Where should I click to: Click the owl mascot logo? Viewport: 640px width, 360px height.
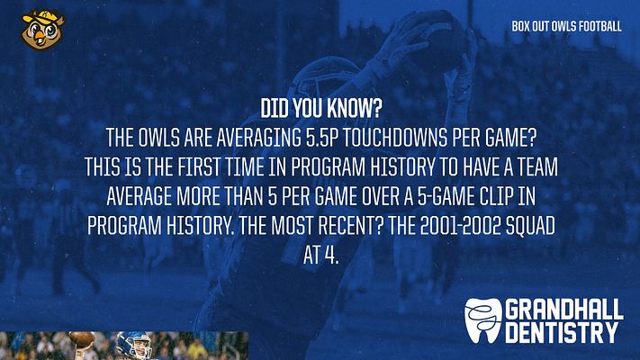point(43,30)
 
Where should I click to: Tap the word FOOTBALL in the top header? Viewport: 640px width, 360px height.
point(600,26)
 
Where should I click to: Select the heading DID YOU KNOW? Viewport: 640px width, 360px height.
point(320,108)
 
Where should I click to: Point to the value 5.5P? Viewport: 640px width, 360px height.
point(323,138)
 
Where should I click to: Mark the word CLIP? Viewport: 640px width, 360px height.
point(495,197)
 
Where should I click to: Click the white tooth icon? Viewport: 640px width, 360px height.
point(482,320)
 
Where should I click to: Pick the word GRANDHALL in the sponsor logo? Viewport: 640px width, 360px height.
point(564,310)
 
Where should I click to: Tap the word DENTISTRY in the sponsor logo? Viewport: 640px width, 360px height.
point(562,333)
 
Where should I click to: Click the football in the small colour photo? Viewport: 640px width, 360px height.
point(81,338)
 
